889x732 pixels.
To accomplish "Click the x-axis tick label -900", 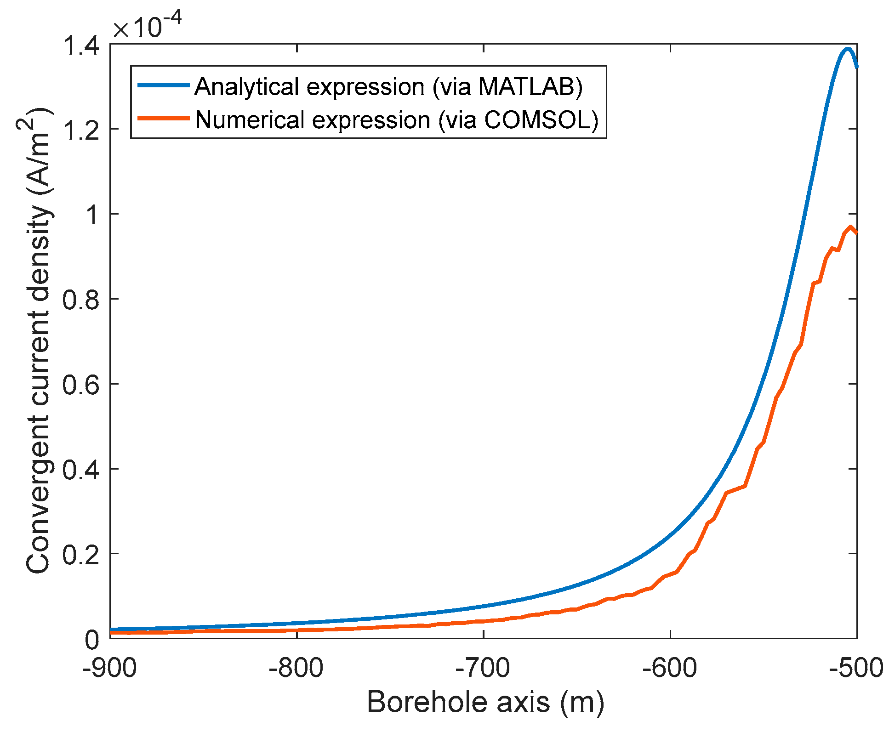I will [109, 667].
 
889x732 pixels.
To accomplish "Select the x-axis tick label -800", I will [296, 667].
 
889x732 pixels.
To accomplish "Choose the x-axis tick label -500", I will [856, 667].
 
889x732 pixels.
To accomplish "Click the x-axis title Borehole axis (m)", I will [485, 702].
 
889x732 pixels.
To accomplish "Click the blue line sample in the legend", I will [163, 85].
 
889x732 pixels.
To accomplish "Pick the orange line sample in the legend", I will [163, 118].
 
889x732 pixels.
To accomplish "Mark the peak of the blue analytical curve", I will [847, 49].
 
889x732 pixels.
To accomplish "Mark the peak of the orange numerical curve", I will [850, 227].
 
